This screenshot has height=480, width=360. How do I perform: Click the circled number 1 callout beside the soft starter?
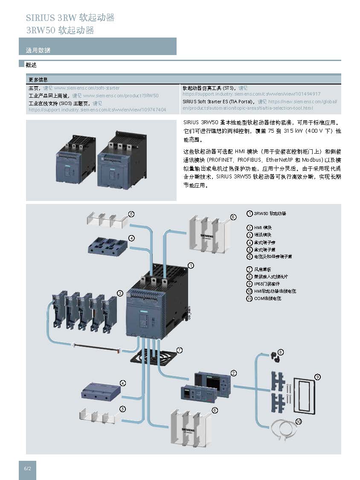191,265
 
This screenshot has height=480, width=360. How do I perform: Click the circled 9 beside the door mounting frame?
317,377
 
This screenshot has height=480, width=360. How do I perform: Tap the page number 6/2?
27,468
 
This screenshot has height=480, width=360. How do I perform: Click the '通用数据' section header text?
38,50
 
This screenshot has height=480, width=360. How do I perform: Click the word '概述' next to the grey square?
31,65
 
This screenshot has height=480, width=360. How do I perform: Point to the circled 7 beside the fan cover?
180,350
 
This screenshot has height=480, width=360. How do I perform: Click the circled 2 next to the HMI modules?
234,373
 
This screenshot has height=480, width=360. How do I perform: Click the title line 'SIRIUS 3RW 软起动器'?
70,18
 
